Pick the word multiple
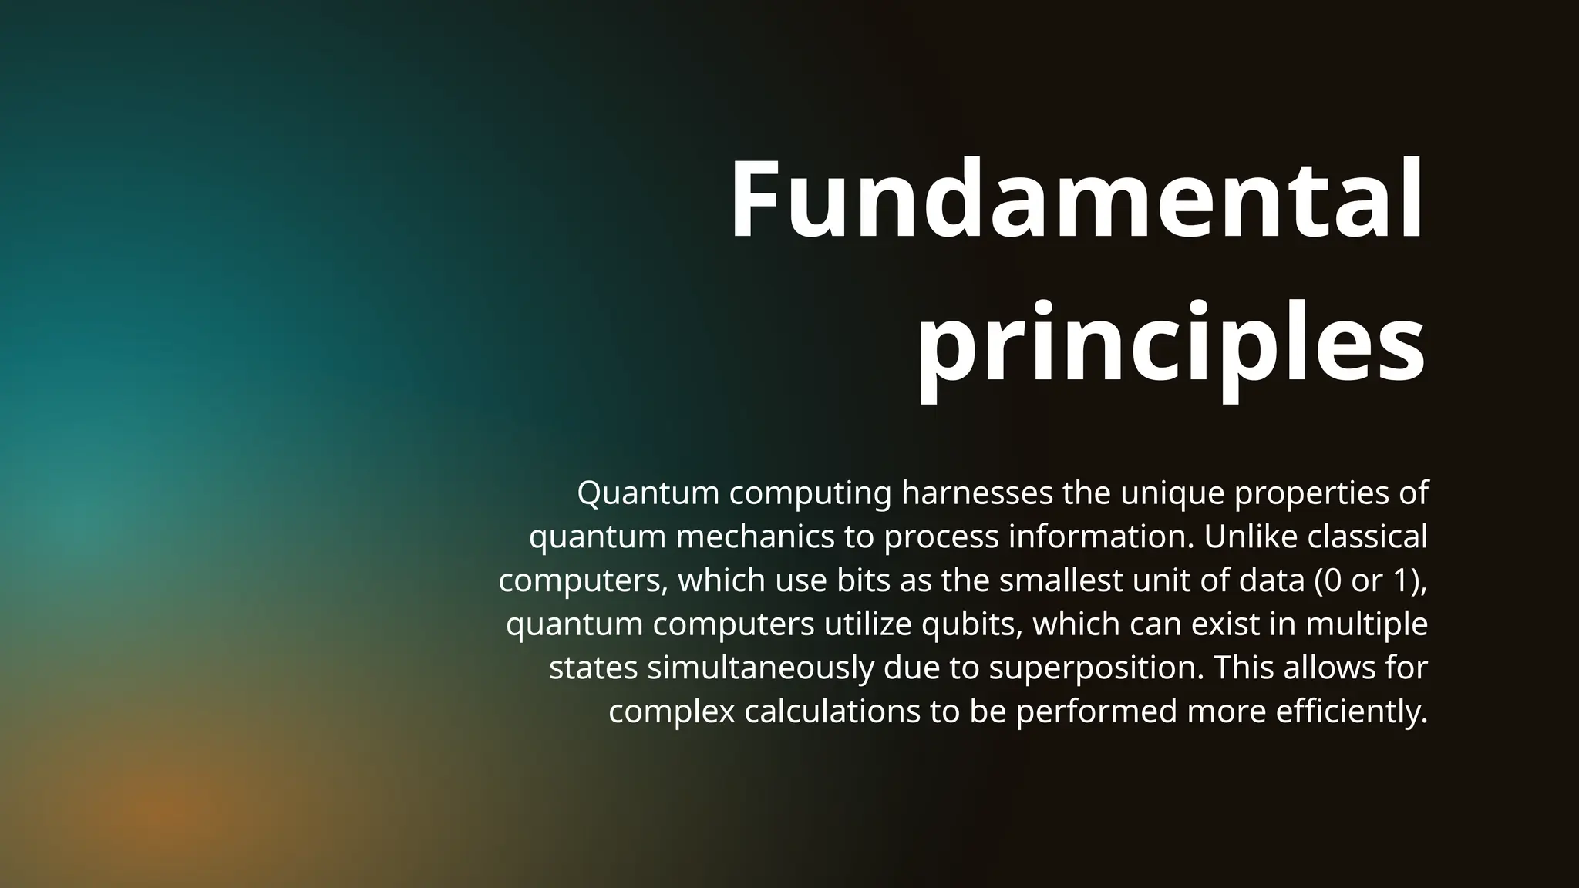1366,624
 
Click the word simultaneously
760,668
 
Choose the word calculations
833,711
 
